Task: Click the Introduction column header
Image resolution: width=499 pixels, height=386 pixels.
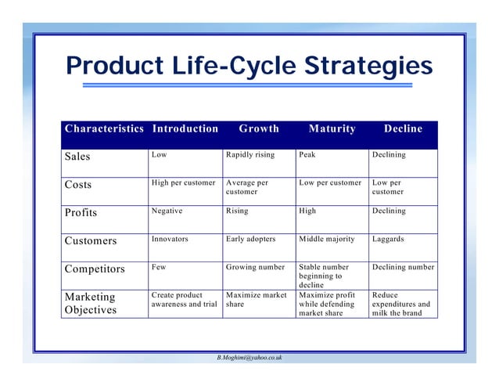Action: (x=185, y=129)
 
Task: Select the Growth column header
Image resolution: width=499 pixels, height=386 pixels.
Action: (x=259, y=129)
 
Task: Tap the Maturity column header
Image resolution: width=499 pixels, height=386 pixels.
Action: (x=332, y=129)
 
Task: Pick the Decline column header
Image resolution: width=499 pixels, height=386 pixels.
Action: (x=403, y=129)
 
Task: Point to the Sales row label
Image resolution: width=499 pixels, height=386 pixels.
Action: (x=77, y=156)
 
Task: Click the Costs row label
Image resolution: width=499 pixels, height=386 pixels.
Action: (x=77, y=185)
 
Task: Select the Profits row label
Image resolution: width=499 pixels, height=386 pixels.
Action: (x=81, y=212)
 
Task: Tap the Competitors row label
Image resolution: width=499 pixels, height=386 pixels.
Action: (x=95, y=269)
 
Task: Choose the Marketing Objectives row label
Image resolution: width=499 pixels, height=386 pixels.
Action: (x=90, y=304)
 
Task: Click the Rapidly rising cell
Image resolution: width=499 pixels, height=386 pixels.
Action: (x=250, y=155)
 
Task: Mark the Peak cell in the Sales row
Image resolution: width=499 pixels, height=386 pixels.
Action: (x=307, y=155)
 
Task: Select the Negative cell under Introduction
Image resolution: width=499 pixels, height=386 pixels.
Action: (x=167, y=211)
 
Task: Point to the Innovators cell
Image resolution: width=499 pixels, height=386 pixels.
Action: (x=170, y=240)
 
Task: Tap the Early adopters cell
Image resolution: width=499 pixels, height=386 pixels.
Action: (x=251, y=240)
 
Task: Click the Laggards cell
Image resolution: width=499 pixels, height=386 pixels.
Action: (x=388, y=240)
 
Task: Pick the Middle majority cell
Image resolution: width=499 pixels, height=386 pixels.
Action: (x=326, y=240)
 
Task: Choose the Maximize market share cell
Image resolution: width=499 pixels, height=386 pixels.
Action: (x=257, y=300)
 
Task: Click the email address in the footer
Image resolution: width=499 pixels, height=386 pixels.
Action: (x=249, y=357)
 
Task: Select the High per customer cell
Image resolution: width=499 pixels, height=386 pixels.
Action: (x=183, y=183)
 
